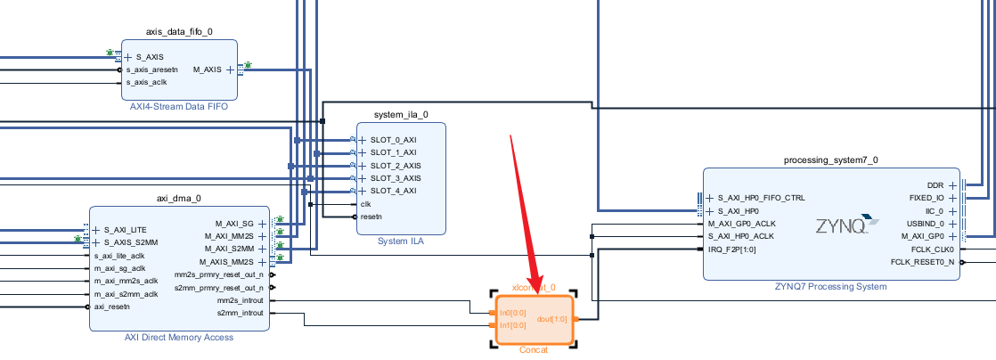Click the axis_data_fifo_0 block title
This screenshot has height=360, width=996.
(x=179, y=32)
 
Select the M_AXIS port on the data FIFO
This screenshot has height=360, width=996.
(x=208, y=70)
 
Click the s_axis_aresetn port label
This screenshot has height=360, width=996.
(x=151, y=70)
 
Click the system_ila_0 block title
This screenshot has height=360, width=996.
(x=401, y=115)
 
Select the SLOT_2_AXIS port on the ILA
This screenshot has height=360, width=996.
(x=396, y=166)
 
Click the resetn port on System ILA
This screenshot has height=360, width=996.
(x=371, y=216)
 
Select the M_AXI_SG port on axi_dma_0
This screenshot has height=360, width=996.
(x=234, y=224)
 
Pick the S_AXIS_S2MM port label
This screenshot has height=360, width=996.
(x=131, y=242)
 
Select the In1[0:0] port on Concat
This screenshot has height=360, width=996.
(x=512, y=325)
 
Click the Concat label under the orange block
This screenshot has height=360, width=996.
(x=534, y=350)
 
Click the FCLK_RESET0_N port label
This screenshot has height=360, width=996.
(x=922, y=262)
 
